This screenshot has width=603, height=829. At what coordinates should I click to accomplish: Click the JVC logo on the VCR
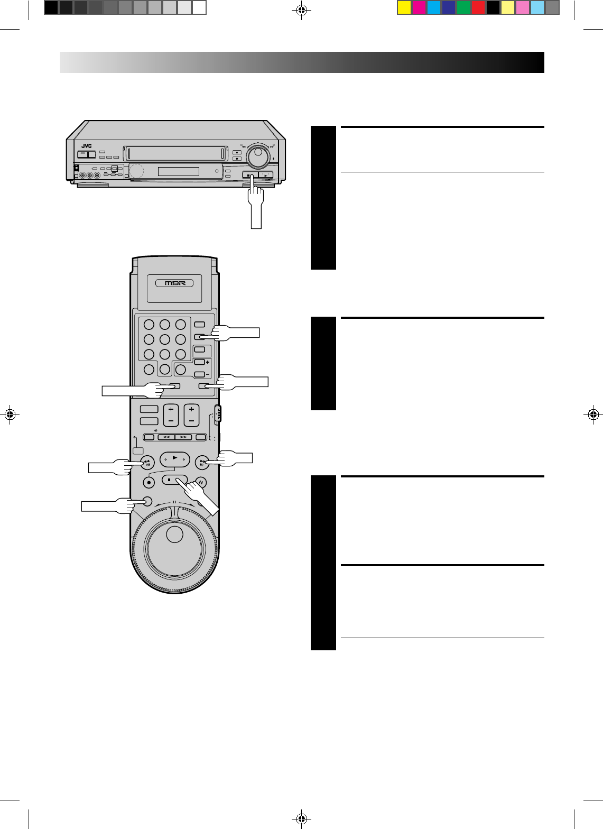pyautogui.click(x=87, y=146)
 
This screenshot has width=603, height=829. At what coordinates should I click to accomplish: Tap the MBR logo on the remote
pyautogui.click(x=174, y=283)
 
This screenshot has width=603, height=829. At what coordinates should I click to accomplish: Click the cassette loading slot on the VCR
pyautogui.click(x=175, y=153)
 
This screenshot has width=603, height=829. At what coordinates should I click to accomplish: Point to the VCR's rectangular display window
pyautogui.click(x=178, y=171)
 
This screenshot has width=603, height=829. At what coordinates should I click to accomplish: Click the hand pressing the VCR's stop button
pyautogui.click(x=255, y=202)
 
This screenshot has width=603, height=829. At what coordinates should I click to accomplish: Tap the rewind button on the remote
pyautogui.click(x=147, y=462)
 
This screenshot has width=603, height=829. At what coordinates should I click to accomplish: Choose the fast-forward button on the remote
pyautogui.click(x=202, y=462)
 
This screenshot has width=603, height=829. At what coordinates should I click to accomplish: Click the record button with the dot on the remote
pyautogui.click(x=149, y=483)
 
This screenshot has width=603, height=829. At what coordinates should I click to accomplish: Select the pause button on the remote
pyautogui.click(x=201, y=483)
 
